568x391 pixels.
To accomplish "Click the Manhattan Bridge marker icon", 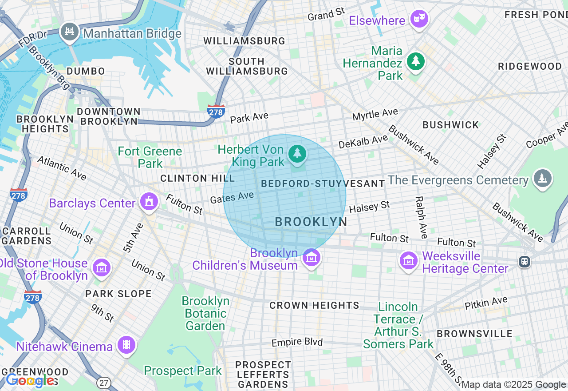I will pyautogui.click(x=70, y=32).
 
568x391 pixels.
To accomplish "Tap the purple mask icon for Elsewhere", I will pyautogui.click(x=419, y=19).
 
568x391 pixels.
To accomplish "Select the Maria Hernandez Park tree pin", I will pyautogui.click(x=415, y=61).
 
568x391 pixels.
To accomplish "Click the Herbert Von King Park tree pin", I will pyautogui.click(x=297, y=154).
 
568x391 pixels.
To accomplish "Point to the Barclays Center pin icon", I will pyautogui.click(x=149, y=202).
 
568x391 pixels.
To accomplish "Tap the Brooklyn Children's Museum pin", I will pyautogui.click(x=311, y=257).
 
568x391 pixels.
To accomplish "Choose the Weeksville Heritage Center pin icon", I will pyautogui.click(x=408, y=260).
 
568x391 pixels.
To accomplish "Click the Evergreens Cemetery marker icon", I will pyautogui.click(x=542, y=179).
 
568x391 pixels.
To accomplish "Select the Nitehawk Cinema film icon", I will pyautogui.click(x=126, y=345).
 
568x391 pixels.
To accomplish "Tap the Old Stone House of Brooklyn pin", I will pyautogui.click(x=102, y=268).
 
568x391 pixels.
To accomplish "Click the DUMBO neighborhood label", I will pyautogui.click(x=86, y=72).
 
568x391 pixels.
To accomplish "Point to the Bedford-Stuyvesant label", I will pyautogui.click(x=323, y=184).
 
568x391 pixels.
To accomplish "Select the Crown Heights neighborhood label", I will pyautogui.click(x=314, y=305).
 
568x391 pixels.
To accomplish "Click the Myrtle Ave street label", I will pyautogui.click(x=375, y=115).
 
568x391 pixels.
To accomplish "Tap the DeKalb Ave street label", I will pyautogui.click(x=363, y=142).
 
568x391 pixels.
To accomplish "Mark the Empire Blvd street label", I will pyautogui.click(x=297, y=343).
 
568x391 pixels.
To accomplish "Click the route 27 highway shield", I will pyautogui.click(x=103, y=383).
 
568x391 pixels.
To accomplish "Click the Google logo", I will pyautogui.click(x=30, y=381).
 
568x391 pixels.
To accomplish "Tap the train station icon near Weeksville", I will pyautogui.click(x=525, y=262).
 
